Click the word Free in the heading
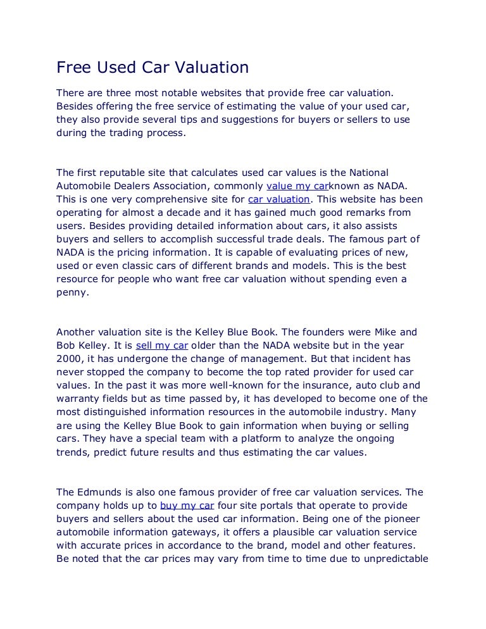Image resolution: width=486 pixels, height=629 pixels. [x=73, y=67]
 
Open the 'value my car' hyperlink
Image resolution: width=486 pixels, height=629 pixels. [x=298, y=186]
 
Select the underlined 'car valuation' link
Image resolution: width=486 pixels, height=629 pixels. [x=277, y=199]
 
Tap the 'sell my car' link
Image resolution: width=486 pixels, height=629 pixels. [x=162, y=346]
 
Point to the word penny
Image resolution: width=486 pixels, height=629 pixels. [x=71, y=292]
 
